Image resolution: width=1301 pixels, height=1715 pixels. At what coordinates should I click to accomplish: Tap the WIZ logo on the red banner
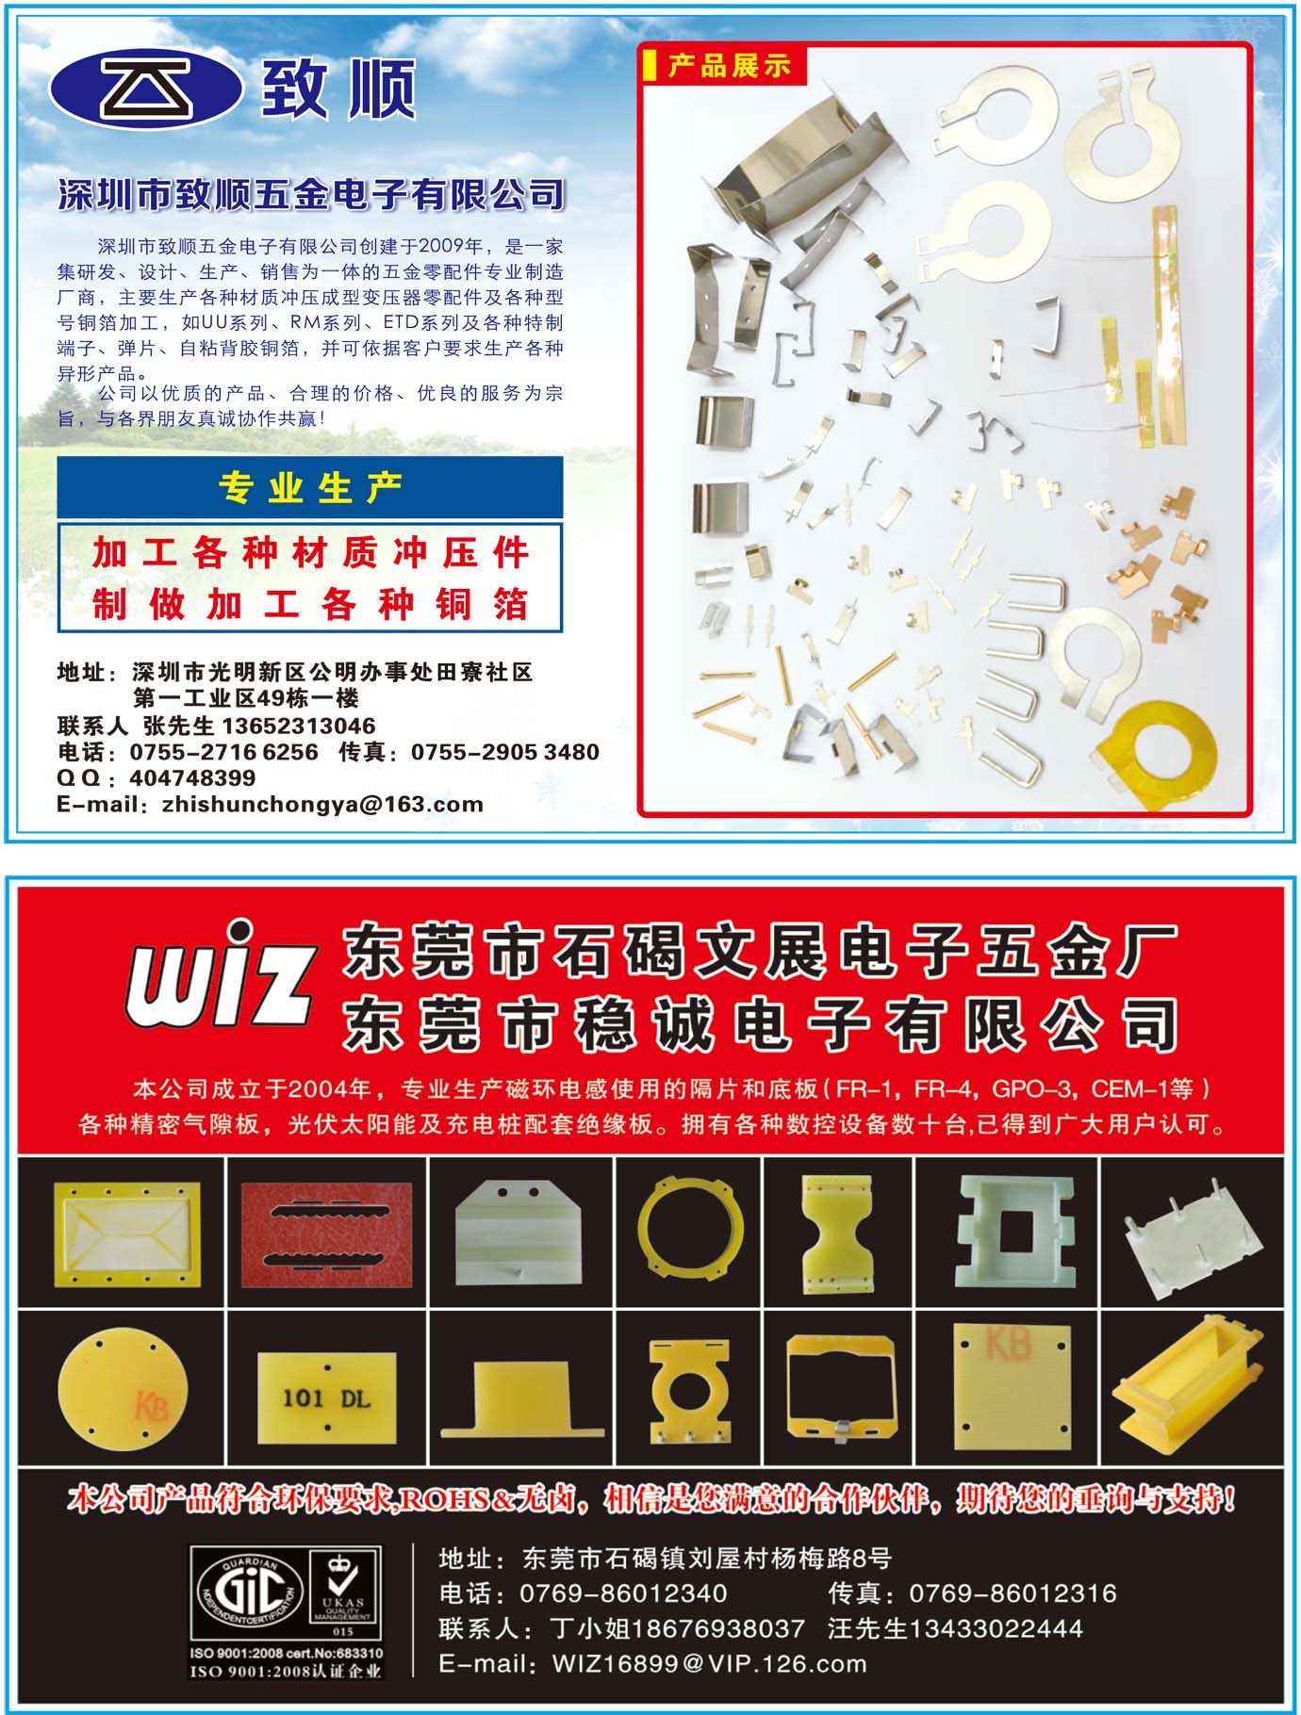click(x=219, y=974)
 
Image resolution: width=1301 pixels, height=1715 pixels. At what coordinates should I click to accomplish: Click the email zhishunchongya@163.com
click(x=322, y=805)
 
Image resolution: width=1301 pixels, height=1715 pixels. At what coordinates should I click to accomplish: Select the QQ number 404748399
click(x=192, y=778)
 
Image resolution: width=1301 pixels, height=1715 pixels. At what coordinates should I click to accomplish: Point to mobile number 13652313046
click(x=298, y=726)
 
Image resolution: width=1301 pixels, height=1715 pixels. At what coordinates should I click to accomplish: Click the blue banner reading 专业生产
click(x=309, y=487)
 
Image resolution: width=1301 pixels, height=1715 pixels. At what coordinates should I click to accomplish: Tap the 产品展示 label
click(x=729, y=66)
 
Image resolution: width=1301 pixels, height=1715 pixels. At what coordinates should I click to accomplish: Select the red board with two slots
click(x=326, y=1233)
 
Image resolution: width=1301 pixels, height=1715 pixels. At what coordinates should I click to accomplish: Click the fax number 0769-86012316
click(x=1013, y=1593)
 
